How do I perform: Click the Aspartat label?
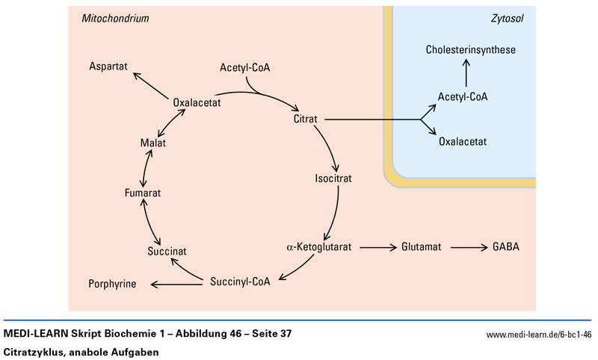pyautogui.click(x=109, y=66)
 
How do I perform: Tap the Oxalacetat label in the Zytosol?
pyautogui.click(x=463, y=139)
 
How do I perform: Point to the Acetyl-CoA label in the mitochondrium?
pyautogui.click(x=244, y=69)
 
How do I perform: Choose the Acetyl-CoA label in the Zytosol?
pyautogui.click(x=463, y=97)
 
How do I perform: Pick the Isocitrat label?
pyautogui.click(x=333, y=179)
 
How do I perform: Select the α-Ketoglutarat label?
pyautogui.click(x=319, y=246)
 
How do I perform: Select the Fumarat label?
pyautogui.click(x=143, y=193)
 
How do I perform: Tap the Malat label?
pyautogui.click(x=152, y=143)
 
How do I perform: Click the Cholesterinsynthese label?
pyautogui.click(x=471, y=50)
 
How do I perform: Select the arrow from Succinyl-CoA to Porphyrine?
pyautogui.click(x=178, y=282)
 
